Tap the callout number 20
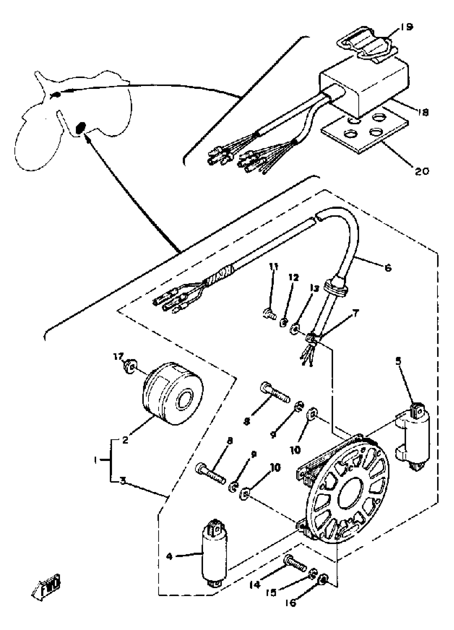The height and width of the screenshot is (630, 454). click(421, 171)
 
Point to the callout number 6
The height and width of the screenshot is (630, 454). click(388, 268)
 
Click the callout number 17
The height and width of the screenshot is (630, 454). click(118, 356)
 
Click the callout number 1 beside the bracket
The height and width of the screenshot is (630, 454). click(95, 460)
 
